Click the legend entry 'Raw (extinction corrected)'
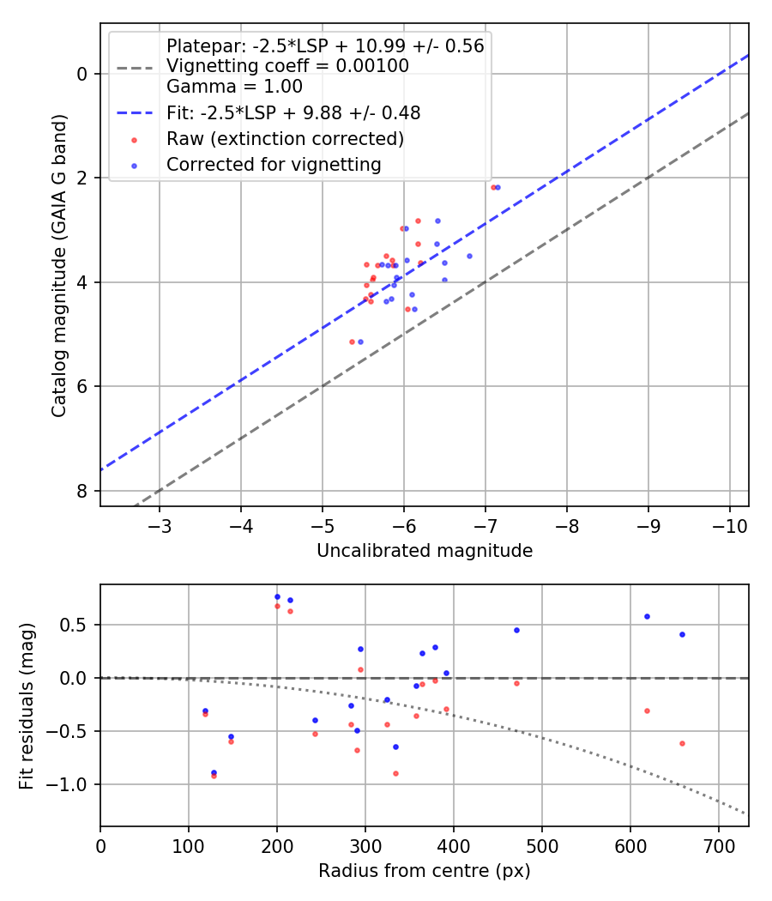pyautogui.click(x=285, y=138)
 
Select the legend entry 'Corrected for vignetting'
pyautogui.click(x=274, y=164)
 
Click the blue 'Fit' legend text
pyautogui.click(x=293, y=112)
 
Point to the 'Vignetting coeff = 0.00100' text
pyautogui.click(x=287, y=66)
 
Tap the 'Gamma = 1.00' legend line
pyautogui.click(x=234, y=87)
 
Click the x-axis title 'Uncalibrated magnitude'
pyautogui.click(x=425, y=551)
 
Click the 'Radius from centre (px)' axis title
pyautogui.click(x=425, y=871)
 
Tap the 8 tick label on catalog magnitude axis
pyautogui.click(x=82, y=491)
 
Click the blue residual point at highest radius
pyautogui.click(x=682, y=634)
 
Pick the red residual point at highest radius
pyautogui.click(x=682, y=743)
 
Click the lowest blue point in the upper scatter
pyautogui.click(x=360, y=342)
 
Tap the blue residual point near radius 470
pyautogui.click(x=516, y=630)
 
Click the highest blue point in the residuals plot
pyautogui.click(x=277, y=596)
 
